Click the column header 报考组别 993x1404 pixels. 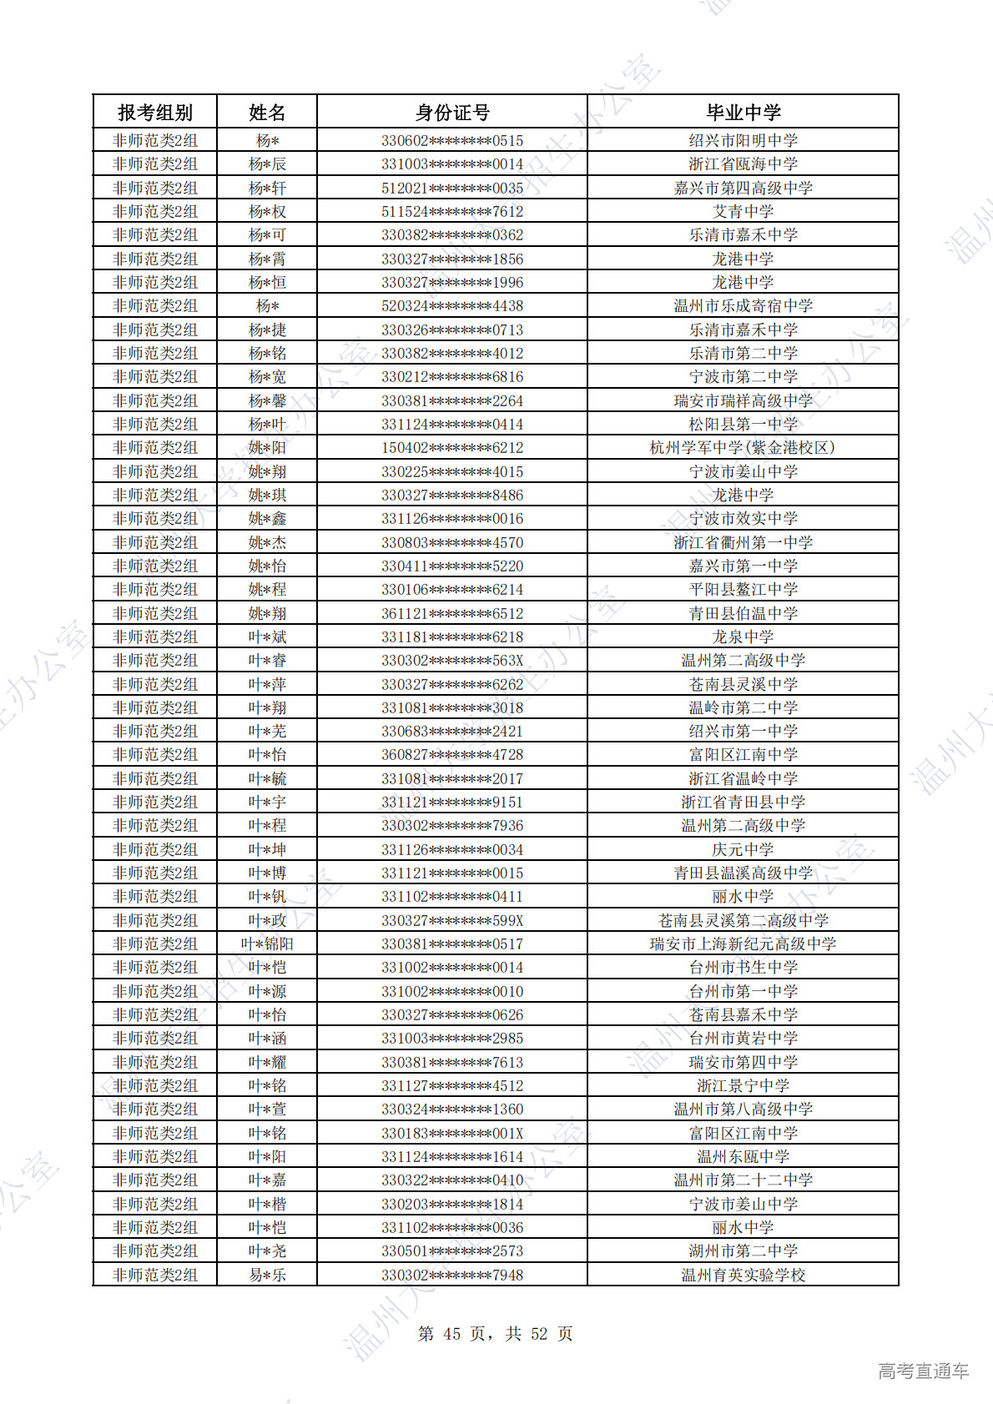pyautogui.click(x=154, y=112)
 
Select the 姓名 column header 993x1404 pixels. pyautogui.click(x=267, y=112)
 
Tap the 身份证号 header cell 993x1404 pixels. pyautogui.click(x=452, y=112)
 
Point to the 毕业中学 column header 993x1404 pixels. pyautogui.click(x=743, y=112)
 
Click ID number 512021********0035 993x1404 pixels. pyautogui.click(x=452, y=188)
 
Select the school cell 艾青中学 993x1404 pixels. pyautogui.click(x=743, y=212)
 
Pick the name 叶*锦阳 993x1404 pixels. pyautogui.click(x=267, y=944)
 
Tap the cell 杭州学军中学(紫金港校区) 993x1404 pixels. pyautogui.click(x=743, y=448)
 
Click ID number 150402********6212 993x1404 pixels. pyautogui.click(x=452, y=448)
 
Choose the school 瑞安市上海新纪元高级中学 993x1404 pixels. pyautogui.click(x=743, y=944)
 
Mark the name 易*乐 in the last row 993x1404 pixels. pyautogui.click(x=267, y=1275)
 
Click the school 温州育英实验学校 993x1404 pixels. pyautogui.click(x=743, y=1275)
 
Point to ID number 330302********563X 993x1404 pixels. pyautogui.click(x=452, y=661)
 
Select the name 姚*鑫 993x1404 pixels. pyautogui.click(x=267, y=519)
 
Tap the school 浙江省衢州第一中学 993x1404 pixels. pyautogui.click(x=743, y=542)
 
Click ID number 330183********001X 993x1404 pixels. pyautogui.click(x=452, y=1133)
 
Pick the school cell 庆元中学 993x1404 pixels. pyautogui.click(x=743, y=849)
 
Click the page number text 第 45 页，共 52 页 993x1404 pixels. pyautogui.click(x=495, y=1333)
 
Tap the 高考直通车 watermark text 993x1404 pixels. pyautogui.click(x=923, y=1371)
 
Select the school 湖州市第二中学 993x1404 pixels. pyautogui.click(x=743, y=1251)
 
